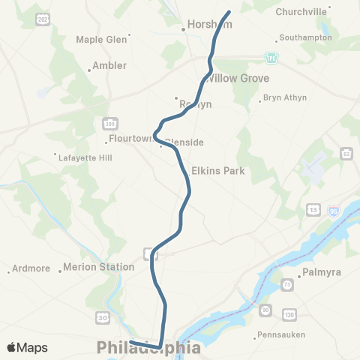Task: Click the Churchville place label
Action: pyautogui.click(x=301, y=11)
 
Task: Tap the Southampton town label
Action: pyautogui.click(x=306, y=37)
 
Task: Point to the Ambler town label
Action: pyautogui.click(x=109, y=66)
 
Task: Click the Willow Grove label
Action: pyautogui.click(x=238, y=78)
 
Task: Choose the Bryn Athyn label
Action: pyautogui.click(x=285, y=98)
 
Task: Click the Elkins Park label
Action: pyautogui.click(x=218, y=170)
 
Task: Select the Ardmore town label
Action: pyautogui.click(x=31, y=268)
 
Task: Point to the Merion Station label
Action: pyautogui.click(x=98, y=266)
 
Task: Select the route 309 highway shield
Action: pyautogui.click(x=108, y=122)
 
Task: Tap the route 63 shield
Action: pyautogui.click(x=346, y=154)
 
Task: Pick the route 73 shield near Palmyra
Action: pyautogui.click(x=286, y=286)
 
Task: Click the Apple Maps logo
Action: pyautogui.click(x=27, y=347)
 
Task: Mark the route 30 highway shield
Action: pyautogui.click(x=103, y=319)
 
